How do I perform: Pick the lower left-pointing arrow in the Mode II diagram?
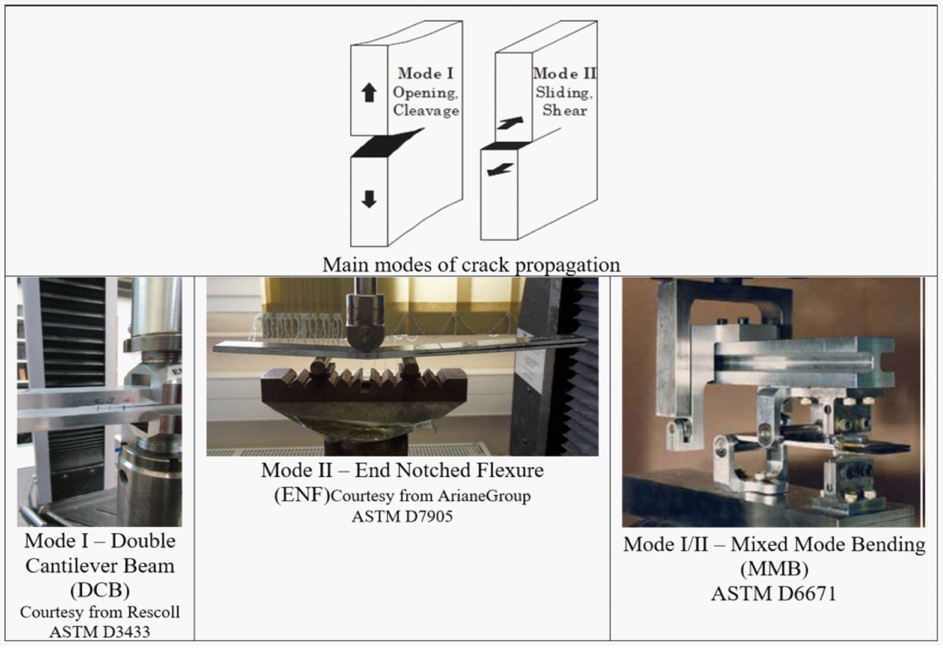(x=500, y=169)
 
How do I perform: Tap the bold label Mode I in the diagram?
(x=426, y=73)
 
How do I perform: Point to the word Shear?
(x=565, y=110)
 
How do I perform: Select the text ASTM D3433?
(x=100, y=631)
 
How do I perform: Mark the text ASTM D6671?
(x=774, y=594)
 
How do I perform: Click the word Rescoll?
(x=153, y=612)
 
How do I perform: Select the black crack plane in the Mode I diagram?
(x=387, y=143)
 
